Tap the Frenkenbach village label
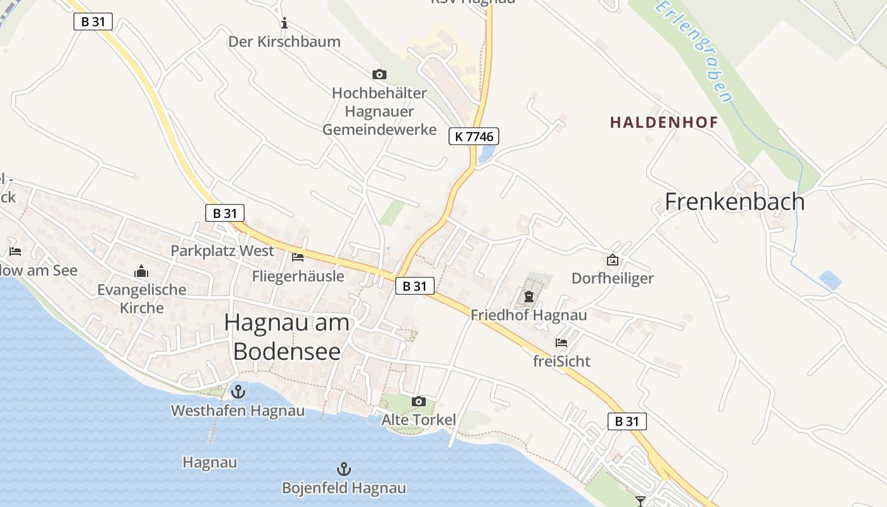point(734,202)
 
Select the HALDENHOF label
point(664,122)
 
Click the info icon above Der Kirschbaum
point(284,23)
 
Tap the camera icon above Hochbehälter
point(380,75)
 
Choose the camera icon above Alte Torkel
point(419,401)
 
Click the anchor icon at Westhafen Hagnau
point(238,392)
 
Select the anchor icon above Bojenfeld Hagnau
point(343,469)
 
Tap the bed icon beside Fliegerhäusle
point(298,257)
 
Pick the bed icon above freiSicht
point(561,343)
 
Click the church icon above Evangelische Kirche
point(141,272)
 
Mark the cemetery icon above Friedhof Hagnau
point(529,296)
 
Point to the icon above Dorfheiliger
point(613,260)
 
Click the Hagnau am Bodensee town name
point(287,337)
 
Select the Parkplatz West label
point(222,250)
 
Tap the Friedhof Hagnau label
point(528,314)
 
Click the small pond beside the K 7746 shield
point(487,153)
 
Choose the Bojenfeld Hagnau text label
point(343,488)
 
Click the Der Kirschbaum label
point(284,42)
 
